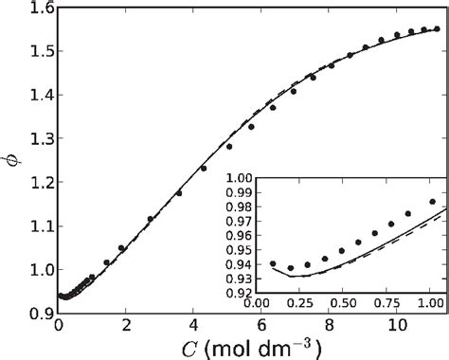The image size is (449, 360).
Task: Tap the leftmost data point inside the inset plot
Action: coord(274,264)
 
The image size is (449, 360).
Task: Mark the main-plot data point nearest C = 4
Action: coord(204,169)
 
